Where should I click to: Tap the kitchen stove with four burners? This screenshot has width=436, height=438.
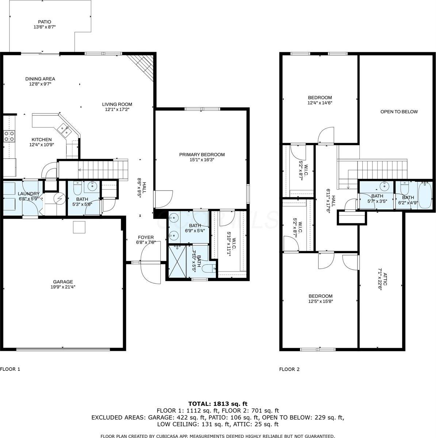9,136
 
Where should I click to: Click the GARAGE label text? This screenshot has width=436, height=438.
63,281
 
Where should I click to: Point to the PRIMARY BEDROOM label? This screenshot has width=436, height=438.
202,154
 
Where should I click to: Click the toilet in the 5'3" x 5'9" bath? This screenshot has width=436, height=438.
77,189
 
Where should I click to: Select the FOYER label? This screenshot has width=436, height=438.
146,237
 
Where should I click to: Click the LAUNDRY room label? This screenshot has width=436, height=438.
28,193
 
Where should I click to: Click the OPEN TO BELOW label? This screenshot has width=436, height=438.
399,112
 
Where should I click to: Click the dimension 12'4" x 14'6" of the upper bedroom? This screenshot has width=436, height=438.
320,103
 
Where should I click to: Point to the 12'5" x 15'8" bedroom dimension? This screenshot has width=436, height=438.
320,301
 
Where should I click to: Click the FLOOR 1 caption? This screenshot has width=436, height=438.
10,369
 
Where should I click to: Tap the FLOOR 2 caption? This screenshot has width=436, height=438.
289,369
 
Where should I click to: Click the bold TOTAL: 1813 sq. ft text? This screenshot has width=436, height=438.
218,404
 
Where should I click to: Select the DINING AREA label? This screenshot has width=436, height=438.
40,78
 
